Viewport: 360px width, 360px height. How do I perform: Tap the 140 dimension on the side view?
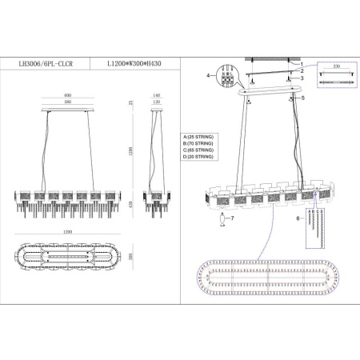coord(157,94)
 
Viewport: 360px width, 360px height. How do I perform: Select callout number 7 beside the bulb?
coord(232,218)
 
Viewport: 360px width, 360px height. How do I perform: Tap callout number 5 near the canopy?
coord(304,97)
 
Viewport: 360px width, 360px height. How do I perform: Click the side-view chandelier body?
coord(157,200)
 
